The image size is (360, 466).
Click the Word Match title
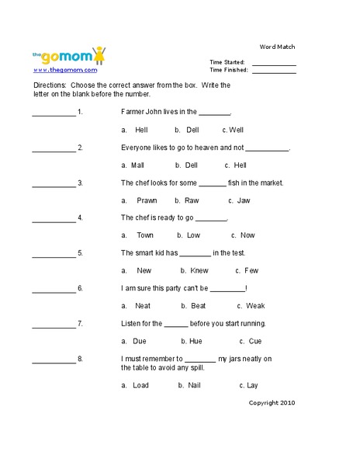pos(278,47)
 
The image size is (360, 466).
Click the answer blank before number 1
pos(54,113)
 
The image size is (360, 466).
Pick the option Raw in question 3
pos(192,200)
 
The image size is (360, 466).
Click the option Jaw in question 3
pos(244,200)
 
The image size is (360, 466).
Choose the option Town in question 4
pos(145,235)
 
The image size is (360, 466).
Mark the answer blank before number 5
pos(54,254)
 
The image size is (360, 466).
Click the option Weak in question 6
pos(255,305)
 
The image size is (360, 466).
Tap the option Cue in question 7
pos(255,340)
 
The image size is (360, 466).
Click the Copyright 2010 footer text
pos(272,402)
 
